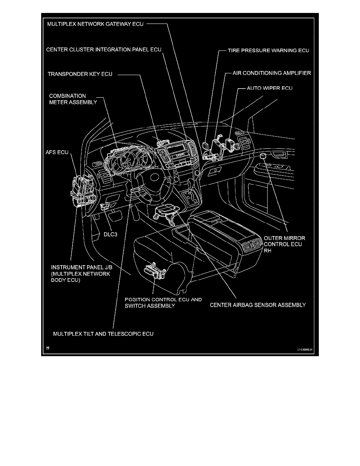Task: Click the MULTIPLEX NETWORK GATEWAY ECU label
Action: [x=95, y=24]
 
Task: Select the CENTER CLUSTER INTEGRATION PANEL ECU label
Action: [x=104, y=49]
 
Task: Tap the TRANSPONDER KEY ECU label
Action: [x=80, y=74]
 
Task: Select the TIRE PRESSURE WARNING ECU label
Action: [x=269, y=51]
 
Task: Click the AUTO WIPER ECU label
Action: [x=269, y=89]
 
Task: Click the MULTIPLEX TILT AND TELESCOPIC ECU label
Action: [x=103, y=334]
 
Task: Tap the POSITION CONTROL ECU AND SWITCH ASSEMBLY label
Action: [x=163, y=302]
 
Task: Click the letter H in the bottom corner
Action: [x=48, y=348]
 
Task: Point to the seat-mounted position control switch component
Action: [x=153, y=270]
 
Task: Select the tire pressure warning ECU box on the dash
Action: [x=206, y=145]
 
